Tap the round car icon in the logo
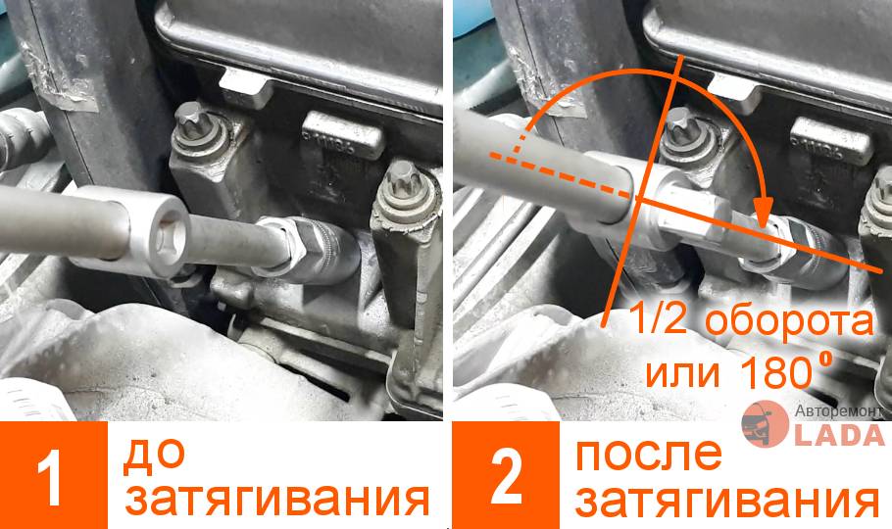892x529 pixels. coord(765,424)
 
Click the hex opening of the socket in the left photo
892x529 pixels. coord(170,235)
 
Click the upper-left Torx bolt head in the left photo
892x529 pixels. coord(191,120)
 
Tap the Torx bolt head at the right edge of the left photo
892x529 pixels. coord(402,177)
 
